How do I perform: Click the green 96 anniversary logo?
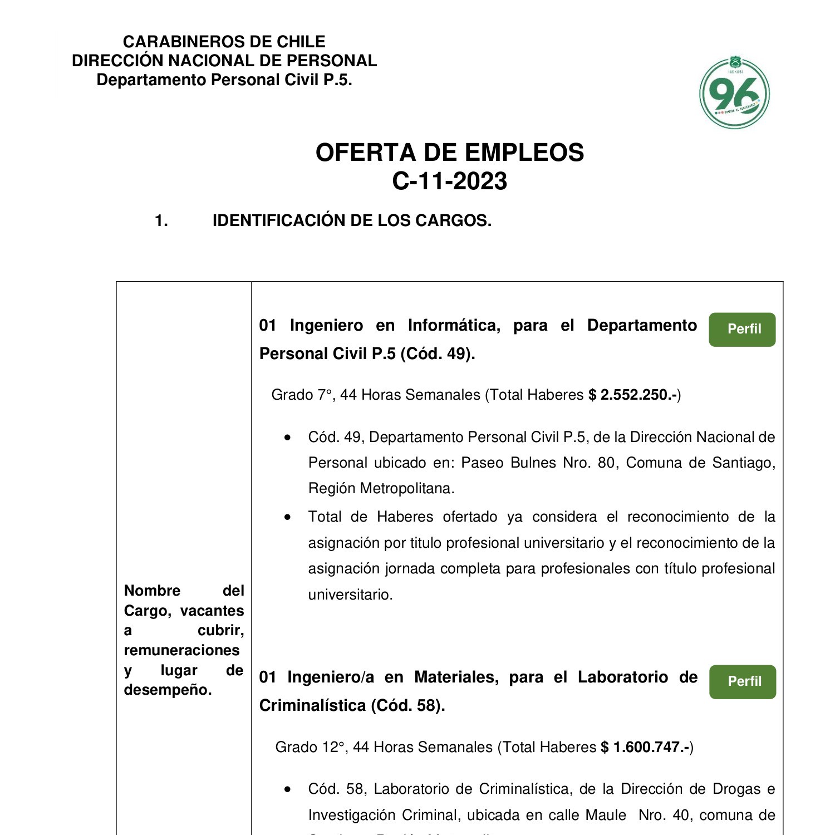pyautogui.click(x=734, y=92)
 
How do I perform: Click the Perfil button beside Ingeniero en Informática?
pyautogui.click(x=742, y=330)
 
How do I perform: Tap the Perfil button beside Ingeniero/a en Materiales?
pyautogui.click(x=743, y=682)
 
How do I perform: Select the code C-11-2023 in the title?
pyautogui.click(x=450, y=181)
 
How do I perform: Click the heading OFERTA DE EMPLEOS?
pyautogui.click(x=450, y=153)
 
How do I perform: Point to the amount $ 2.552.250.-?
pyautogui.click(x=633, y=395)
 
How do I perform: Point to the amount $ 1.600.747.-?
pyautogui.click(x=646, y=748)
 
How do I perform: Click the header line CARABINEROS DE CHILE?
pyautogui.click(x=224, y=42)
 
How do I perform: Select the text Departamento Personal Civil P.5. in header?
pyautogui.click(x=224, y=80)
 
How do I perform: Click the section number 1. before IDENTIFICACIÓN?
pyautogui.click(x=161, y=221)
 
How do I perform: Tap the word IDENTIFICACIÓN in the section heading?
pyautogui.click(x=279, y=221)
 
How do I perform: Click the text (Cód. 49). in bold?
pyautogui.click(x=438, y=354)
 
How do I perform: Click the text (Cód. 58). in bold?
pyautogui.click(x=407, y=706)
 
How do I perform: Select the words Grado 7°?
pyautogui.click(x=302, y=395)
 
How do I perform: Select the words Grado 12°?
pyautogui.click(x=310, y=748)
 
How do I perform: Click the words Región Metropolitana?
pyautogui.click(x=381, y=489)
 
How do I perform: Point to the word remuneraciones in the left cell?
pyautogui.click(x=181, y=650)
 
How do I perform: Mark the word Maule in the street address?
pyautogui.click(x=606, y=816)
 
